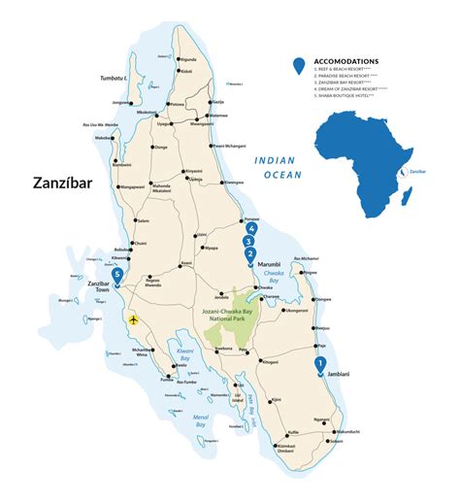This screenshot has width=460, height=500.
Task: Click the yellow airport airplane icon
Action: pos(133,318)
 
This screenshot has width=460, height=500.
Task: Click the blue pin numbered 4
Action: pos(251,229)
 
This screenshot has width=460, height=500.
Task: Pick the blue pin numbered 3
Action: pos(249,242)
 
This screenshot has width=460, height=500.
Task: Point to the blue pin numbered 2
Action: pos(250,255)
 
